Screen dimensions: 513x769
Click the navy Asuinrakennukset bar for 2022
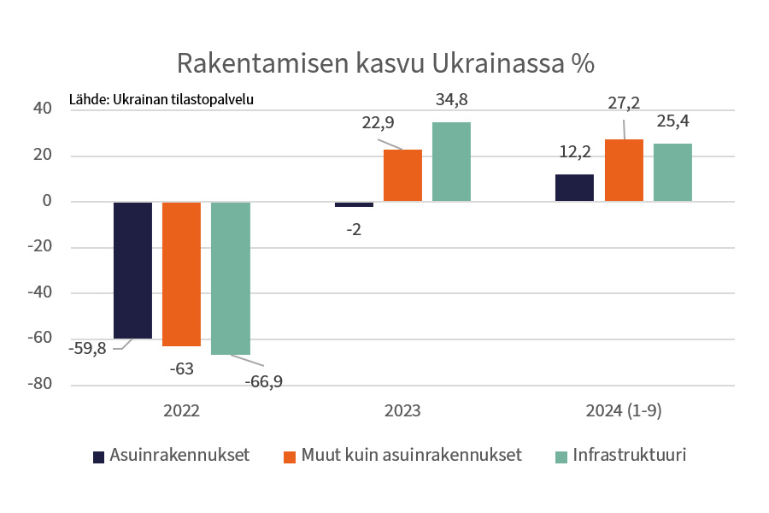[132, 270]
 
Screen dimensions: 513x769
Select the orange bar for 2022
[181, 274]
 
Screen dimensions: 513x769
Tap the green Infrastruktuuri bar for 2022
[231, 278]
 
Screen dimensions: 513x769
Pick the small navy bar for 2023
[354, 204]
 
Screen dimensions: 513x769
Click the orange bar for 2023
[402, 175]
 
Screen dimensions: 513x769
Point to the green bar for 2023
[451, 162]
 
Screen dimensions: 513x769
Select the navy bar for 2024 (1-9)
[574, 188]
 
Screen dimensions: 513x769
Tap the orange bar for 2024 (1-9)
[624, 170]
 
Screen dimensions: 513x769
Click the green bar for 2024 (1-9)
[672, 173]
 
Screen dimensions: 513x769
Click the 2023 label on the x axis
[402, 410]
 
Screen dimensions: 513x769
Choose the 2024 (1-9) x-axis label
[624, 410]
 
